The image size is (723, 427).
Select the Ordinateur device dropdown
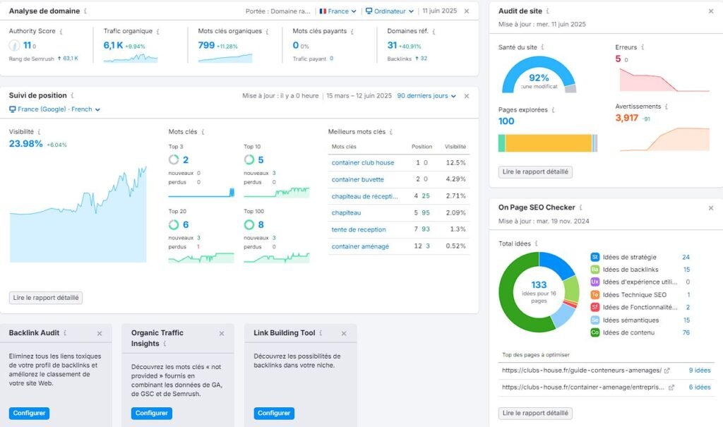coord(389,11)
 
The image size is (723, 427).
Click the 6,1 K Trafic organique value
coord(113,45)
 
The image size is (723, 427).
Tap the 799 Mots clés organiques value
coord(206,45)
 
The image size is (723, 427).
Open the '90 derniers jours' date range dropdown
coord(426,96)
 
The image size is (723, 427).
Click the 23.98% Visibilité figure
coord(26,144)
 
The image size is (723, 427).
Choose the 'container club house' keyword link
coord(363,162)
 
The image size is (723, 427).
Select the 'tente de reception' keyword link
coord(359,229)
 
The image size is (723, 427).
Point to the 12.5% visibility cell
coord(455,162)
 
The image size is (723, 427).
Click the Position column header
coord(422,147)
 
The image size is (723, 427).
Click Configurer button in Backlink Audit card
coord(29,413)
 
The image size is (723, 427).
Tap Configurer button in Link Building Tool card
coord(274,413)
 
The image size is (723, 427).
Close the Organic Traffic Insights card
coord(222,333)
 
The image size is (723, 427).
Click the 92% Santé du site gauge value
coord(539,78)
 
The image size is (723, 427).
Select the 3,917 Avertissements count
coord(626,118)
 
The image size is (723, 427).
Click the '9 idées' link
coord(699,370)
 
